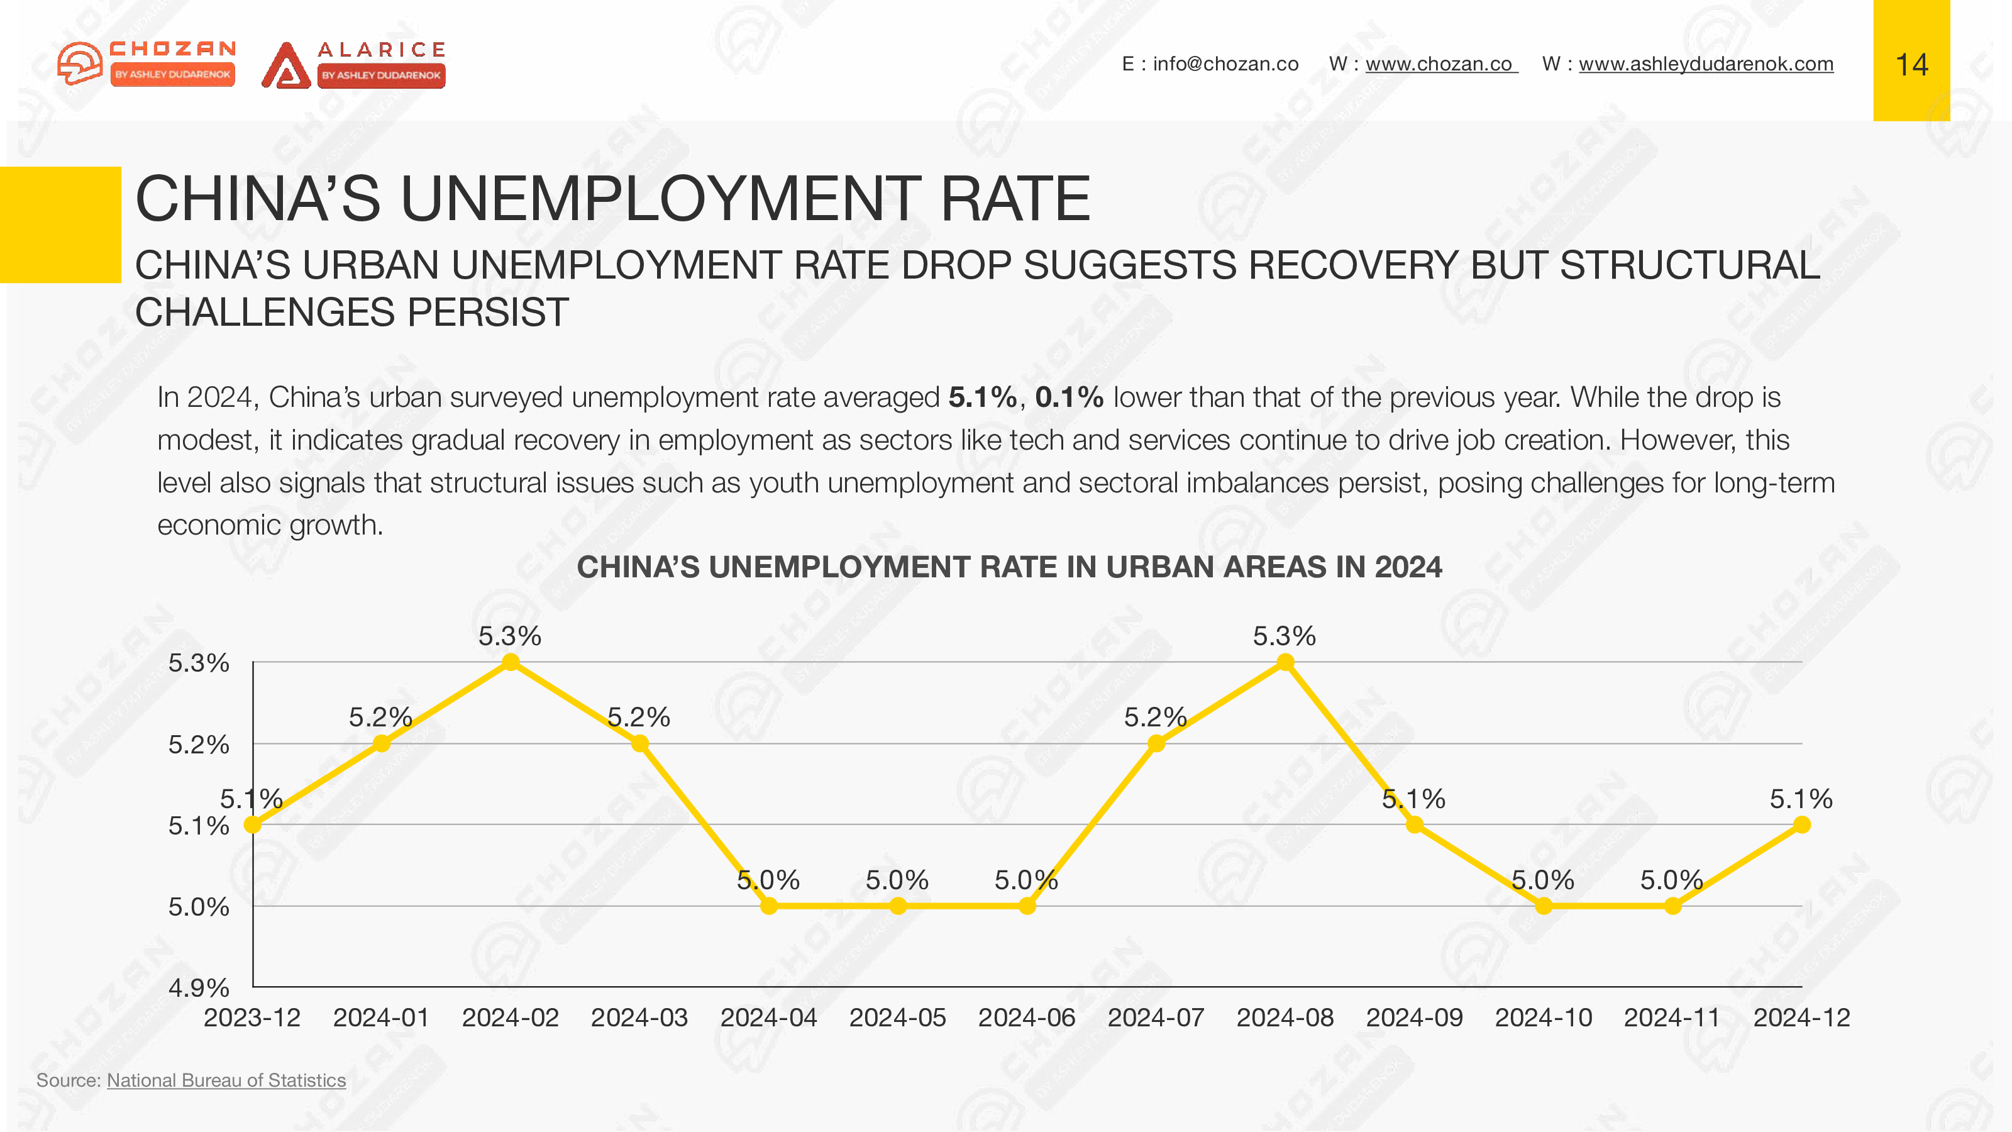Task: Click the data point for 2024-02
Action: (510, 662)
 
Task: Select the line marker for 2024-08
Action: (1285, 662)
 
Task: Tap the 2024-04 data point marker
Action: (768, 906)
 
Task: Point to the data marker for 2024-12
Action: (1802, 825)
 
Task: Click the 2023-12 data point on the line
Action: (252, 825)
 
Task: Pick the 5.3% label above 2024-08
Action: (1284, 636)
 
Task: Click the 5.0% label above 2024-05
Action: (897, 880)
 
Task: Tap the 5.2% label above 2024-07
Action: (1154, 717)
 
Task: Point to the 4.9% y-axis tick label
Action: (199, 988)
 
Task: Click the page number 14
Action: (1911, 65)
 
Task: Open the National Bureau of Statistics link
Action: (226, 1080)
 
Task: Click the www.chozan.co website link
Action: (1439, 64)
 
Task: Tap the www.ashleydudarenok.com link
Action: (1706, 64)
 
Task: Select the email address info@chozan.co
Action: (1225, 64)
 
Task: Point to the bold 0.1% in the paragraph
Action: (1068, 397)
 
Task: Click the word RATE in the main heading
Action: (1015, 199)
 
